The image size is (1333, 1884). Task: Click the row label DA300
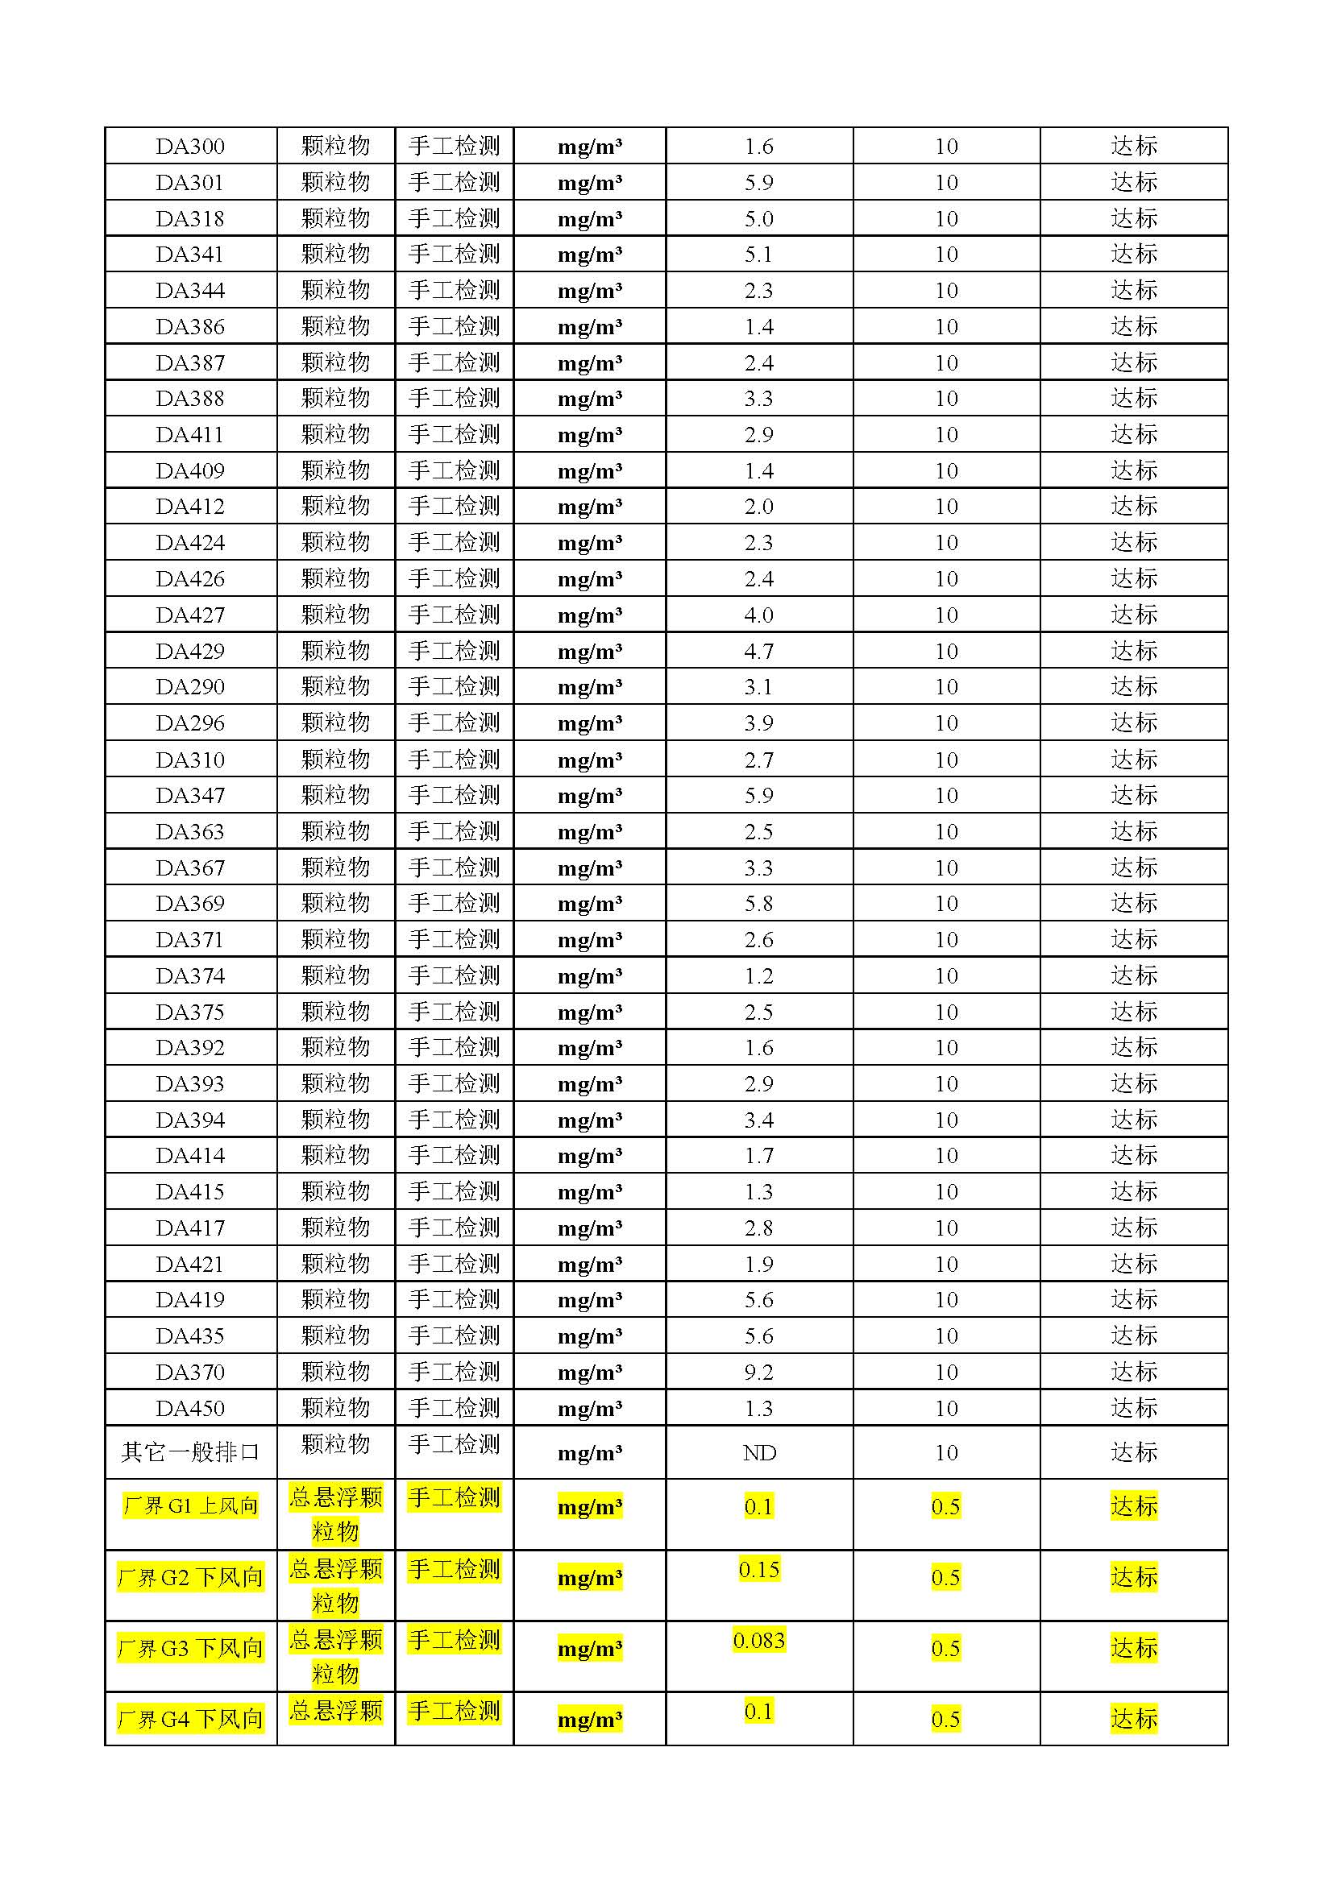189,146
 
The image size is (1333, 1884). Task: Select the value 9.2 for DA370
758,1372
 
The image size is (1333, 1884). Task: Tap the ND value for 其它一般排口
758,1453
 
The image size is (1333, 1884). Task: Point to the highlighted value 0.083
758,1641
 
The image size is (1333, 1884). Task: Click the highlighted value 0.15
758,1570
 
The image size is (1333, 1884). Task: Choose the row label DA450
189,1408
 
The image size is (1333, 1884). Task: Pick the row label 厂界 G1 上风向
189,1506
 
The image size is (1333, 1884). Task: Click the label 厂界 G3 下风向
189,1649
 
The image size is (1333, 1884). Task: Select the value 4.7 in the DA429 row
758,651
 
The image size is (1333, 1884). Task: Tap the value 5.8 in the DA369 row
758,904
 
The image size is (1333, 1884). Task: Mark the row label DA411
189,434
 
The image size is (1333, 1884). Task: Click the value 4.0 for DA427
758,615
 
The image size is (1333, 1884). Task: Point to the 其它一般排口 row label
189,1453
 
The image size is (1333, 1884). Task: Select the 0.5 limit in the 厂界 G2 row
945,1578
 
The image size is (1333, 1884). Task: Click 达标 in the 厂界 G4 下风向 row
1134,1719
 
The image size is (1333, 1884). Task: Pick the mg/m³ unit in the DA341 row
589,255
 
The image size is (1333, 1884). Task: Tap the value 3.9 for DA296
758,723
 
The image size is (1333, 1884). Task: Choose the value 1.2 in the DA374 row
758,975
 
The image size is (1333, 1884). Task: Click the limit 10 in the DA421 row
945,1264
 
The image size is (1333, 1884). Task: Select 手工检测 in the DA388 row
454,398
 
